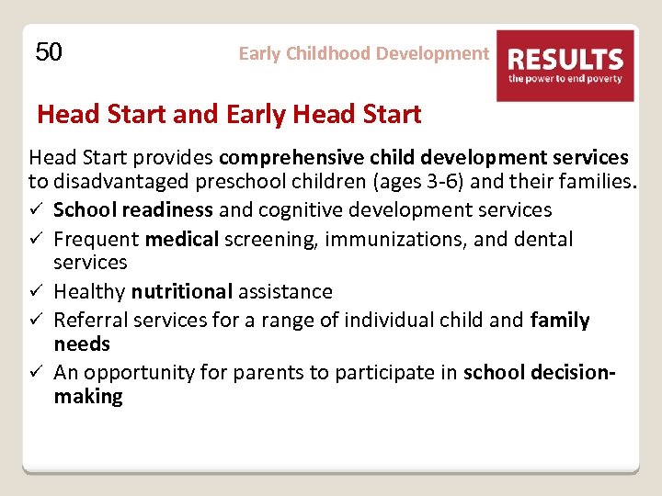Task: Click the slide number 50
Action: tap(49, 52)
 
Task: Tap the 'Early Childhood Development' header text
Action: tap(363, 53)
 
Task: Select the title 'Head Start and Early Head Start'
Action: tap(229, 115)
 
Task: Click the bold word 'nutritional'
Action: tap(182, 292)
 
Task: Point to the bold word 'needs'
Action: tap(82, 344)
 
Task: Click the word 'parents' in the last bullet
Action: tap(262, 373)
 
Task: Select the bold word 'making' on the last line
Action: tap(87, 397)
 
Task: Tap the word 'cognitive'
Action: tap(300, 210)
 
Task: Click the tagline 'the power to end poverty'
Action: tap(565, 79)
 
